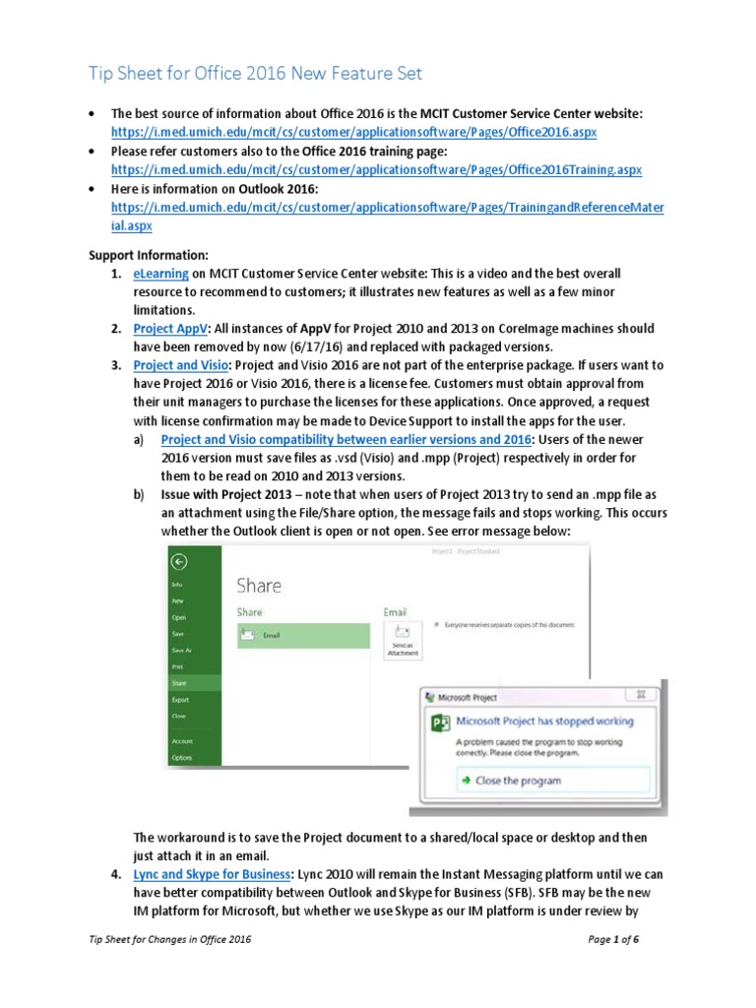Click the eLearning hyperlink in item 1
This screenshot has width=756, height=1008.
pos(160,273)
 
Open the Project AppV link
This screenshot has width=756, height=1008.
pos(170,328)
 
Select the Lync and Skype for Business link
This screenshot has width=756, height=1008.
pos(213,873)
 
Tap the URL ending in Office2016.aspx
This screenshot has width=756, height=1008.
pos(353,131)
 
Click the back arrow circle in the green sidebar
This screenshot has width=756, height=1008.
pos(178,562)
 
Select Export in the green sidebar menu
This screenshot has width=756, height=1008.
pos(180,699)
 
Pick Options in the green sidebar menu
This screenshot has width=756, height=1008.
pos(182,757)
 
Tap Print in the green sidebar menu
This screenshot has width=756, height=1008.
pos(178,666)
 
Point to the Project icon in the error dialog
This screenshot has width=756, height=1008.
pos(441,724)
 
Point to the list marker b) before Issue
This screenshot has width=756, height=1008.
pos(139,494)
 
